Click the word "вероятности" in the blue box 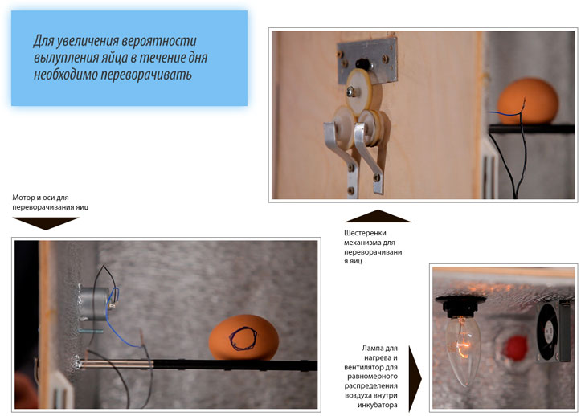[159, 41]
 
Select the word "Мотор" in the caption [24, 198]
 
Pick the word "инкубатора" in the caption [377, 405]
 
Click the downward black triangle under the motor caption [46, 223]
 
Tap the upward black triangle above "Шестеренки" [378, 216]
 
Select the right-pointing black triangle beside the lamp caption [415, 379]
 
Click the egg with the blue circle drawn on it [243, 338]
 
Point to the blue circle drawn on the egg [243, 339]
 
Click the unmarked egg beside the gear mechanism [528, 101]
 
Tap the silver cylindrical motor [94, 304]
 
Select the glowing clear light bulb [463, 349]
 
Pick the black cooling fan [553, 331]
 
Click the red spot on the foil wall [515, 348]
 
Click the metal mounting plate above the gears [367, 60]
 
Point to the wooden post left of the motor [45, 324]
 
